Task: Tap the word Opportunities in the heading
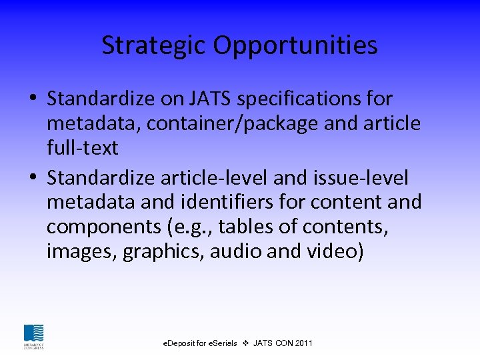click(295, 45)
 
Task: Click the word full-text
click(82, 148)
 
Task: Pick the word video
click(338, 252)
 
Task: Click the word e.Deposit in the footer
click(181, 343)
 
